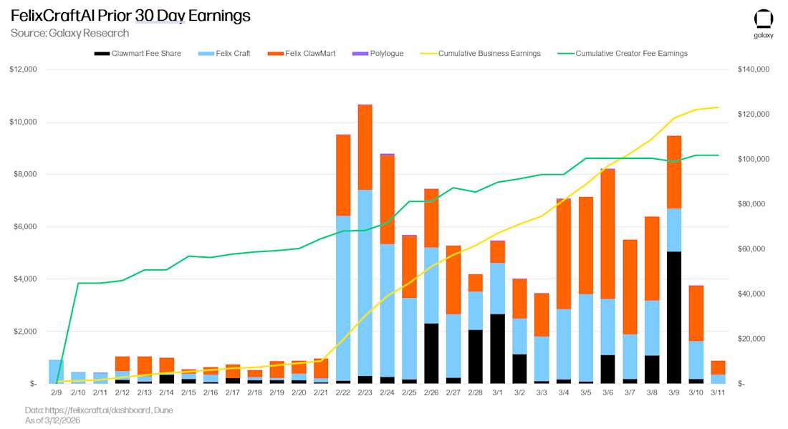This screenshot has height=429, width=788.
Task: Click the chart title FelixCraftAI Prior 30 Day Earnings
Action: [130, 16]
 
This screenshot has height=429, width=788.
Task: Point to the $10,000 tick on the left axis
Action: [24, 122]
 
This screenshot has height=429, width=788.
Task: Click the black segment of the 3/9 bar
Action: [674, 317]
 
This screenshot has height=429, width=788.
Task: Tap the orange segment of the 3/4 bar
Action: [564, 254]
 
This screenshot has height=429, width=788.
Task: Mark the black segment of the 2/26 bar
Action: [431, 353]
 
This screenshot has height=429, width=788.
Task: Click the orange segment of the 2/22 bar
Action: [343, 175]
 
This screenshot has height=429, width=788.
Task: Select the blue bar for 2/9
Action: [56, 372]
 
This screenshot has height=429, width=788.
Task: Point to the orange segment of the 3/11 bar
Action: [718, 367]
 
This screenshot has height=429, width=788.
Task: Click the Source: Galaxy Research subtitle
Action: [69, 33]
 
